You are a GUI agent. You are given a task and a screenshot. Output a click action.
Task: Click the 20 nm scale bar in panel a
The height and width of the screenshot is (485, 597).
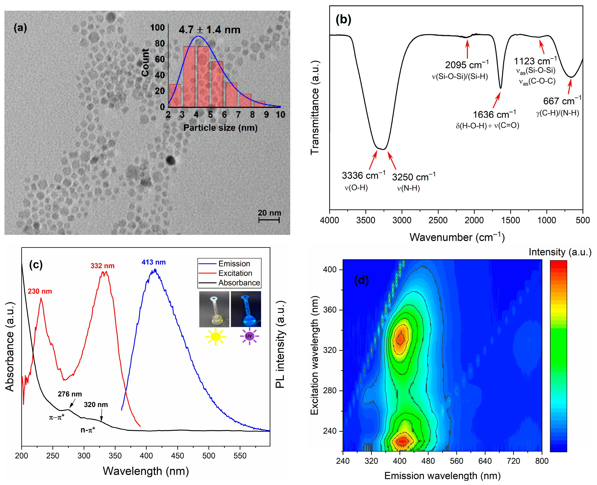point(269,220)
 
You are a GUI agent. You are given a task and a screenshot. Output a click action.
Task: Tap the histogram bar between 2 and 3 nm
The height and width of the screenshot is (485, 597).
point(175,96)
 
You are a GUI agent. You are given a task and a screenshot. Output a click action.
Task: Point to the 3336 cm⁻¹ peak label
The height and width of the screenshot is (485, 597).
point(363,175)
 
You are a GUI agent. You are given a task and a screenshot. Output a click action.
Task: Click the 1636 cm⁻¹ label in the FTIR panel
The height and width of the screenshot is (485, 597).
point(494,114)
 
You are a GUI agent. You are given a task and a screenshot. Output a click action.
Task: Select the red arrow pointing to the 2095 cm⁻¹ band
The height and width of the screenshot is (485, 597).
point(467,49)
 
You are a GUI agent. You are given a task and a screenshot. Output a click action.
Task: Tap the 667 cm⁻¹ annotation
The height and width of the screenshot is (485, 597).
point(562,101)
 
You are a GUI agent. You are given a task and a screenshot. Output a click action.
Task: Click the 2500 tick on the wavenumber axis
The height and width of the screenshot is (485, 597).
point(438,220)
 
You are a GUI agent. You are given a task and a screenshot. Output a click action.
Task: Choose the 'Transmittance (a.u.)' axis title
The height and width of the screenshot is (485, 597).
point(315,108)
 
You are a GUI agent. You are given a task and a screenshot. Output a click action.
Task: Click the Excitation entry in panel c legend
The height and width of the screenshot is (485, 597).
point(235,273)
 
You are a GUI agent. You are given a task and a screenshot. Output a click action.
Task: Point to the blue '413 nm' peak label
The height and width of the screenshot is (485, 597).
point(153,262)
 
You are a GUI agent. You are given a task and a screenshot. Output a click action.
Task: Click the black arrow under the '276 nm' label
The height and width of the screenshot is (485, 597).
point(72,403)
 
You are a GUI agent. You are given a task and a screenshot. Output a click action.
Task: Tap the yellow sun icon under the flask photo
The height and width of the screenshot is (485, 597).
point(215,336)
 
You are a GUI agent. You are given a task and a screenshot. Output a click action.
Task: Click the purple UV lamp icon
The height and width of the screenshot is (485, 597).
point(249,336)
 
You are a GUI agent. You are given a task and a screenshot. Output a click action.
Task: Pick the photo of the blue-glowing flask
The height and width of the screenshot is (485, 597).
point(246,309)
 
